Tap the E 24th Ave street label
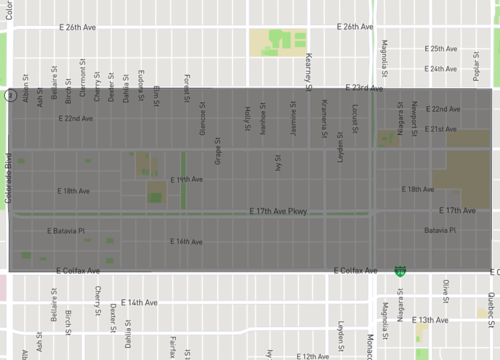click(441, 69)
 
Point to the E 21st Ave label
click(441, 129)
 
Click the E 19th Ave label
click(186, 179)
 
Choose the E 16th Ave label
click(186, 241)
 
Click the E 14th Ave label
click(140, 301)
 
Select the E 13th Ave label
click(431, 320)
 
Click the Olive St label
click(447, 291)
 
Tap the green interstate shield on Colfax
click(400, 270)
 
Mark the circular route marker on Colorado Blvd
click(9, 96)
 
